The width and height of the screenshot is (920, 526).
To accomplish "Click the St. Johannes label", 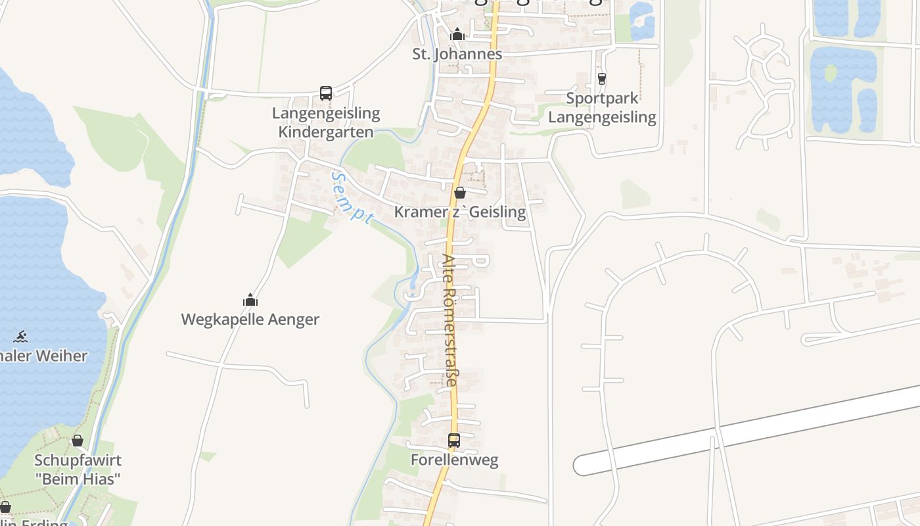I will pos(457,54).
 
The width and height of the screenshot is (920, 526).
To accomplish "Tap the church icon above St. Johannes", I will pos(457,34).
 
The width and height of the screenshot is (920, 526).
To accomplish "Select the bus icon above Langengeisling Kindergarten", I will pos(326,93).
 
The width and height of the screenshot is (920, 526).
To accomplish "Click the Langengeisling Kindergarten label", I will pos(326,122).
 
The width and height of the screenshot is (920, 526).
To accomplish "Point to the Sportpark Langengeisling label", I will pos(602,108).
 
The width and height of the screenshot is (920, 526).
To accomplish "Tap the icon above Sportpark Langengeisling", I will pos(601,79).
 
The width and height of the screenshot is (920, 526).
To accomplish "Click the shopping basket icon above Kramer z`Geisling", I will pos(460,193).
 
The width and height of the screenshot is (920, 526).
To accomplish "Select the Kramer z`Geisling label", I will pos(460,212).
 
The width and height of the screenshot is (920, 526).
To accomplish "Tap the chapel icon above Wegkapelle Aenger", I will pos(250,300).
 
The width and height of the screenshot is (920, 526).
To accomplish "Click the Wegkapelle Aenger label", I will pos(250,320).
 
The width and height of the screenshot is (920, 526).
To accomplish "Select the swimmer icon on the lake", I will pos(20,337).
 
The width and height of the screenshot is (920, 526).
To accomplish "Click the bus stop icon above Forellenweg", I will pos(454,441).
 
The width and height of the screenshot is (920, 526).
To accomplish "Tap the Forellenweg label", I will pos(454,460).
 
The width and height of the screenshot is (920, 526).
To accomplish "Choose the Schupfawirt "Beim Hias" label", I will pos(78,469).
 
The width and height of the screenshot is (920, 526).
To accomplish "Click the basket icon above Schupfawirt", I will pos(78,441).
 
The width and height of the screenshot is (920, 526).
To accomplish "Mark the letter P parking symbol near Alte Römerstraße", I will pos(480,260).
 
